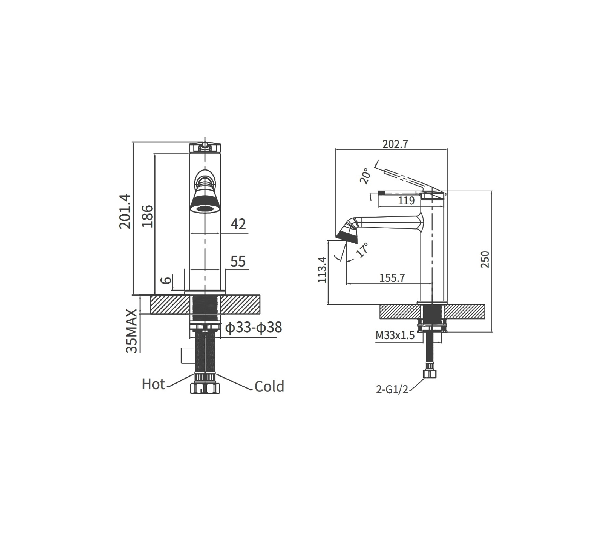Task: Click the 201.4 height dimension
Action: pos(125,211)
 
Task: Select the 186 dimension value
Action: pos(148,216)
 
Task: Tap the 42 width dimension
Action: pos(238,224)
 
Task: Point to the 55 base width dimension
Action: pos(238,261)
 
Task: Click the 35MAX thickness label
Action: pos(132,331)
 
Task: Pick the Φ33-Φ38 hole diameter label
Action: pos(254,327)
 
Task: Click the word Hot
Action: pos(153,384)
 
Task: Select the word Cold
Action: pos(269,386)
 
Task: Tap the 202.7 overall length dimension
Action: pos(395,144)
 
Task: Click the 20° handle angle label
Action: pos(365,176)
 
